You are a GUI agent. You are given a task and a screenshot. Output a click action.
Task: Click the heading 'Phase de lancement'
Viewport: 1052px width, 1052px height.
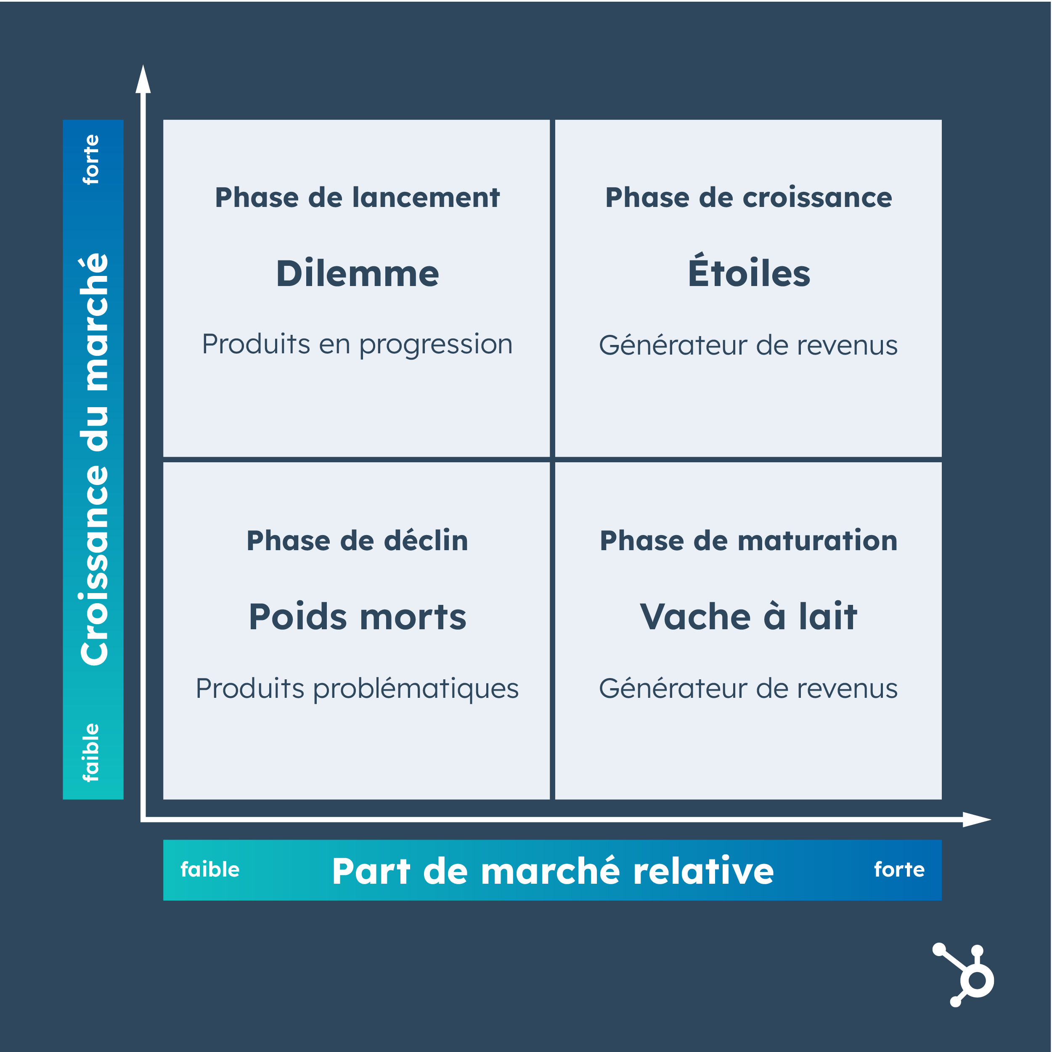357,197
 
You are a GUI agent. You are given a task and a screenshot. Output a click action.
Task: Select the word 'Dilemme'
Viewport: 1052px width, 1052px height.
357,273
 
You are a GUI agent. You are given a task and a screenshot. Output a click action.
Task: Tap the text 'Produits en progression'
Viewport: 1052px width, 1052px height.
357,344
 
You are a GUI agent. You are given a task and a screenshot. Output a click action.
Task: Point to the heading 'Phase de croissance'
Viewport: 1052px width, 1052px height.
749,197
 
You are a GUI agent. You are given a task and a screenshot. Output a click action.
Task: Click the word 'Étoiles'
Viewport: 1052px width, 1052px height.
749,272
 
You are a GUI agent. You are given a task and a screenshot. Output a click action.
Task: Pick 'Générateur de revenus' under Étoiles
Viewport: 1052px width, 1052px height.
748,345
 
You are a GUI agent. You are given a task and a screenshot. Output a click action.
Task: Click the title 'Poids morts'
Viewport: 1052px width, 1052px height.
357,617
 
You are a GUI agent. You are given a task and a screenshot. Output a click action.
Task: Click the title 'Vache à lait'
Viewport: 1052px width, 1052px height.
749,617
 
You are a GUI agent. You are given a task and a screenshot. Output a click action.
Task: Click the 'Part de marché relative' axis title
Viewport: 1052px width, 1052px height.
553,871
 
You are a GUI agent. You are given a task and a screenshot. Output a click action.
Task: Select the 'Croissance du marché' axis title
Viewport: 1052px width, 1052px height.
94,459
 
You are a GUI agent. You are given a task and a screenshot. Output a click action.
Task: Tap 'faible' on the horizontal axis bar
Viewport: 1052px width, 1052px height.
210,869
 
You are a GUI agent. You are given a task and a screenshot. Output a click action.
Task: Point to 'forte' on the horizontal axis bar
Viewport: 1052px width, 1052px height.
899,869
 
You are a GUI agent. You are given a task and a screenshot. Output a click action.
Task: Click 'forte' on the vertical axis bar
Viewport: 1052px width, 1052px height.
91,159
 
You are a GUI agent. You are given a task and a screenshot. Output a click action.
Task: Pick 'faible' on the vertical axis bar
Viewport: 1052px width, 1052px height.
91,753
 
